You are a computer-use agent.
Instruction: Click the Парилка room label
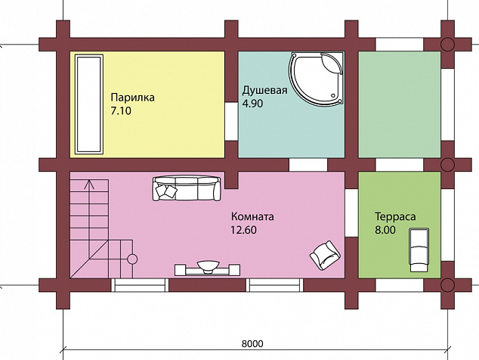pos(132,98)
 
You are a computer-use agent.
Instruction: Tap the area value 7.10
pos(121,110)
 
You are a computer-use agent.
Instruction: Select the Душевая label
pos(265,91)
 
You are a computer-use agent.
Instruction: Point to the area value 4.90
pos(252,104)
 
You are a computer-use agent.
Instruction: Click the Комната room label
pos(252,216)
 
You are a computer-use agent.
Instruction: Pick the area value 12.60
pos(243,230)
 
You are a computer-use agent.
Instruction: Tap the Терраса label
pos(395,216)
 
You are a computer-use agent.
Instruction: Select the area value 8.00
pos(385,230)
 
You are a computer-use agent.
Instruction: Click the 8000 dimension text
pos(252,344)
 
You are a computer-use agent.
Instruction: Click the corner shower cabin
pos(316,79)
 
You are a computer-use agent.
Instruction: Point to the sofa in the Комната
pos(187,188)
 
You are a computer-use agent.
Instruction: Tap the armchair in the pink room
pos(326,256)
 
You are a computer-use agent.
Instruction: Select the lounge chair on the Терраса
pos(419,250)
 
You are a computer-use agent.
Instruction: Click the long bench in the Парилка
pos(89,104)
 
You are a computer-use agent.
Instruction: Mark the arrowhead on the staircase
pos(89,183)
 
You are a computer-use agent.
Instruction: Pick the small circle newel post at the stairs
pos(132,259)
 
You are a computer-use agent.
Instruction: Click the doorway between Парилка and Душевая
pos(231,122)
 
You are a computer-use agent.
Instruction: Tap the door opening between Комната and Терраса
pos(351,213)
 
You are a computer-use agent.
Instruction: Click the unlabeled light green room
pos(400,104)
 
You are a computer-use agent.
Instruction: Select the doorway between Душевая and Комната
pos(308,165)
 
